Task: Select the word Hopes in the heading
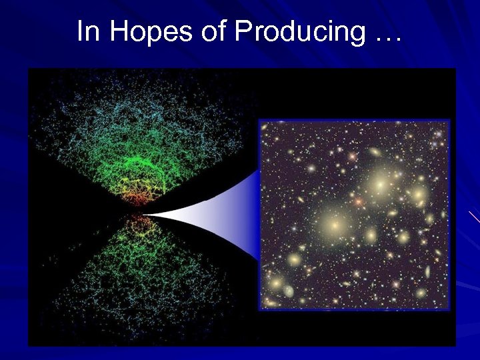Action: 142,32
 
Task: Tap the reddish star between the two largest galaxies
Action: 359,201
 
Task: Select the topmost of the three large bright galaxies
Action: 381,181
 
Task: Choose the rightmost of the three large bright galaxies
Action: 418,195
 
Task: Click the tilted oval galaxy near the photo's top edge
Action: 375,153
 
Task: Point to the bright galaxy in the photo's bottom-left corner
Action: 275,283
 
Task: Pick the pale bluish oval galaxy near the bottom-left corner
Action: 289,291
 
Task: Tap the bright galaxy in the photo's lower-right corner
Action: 420,292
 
